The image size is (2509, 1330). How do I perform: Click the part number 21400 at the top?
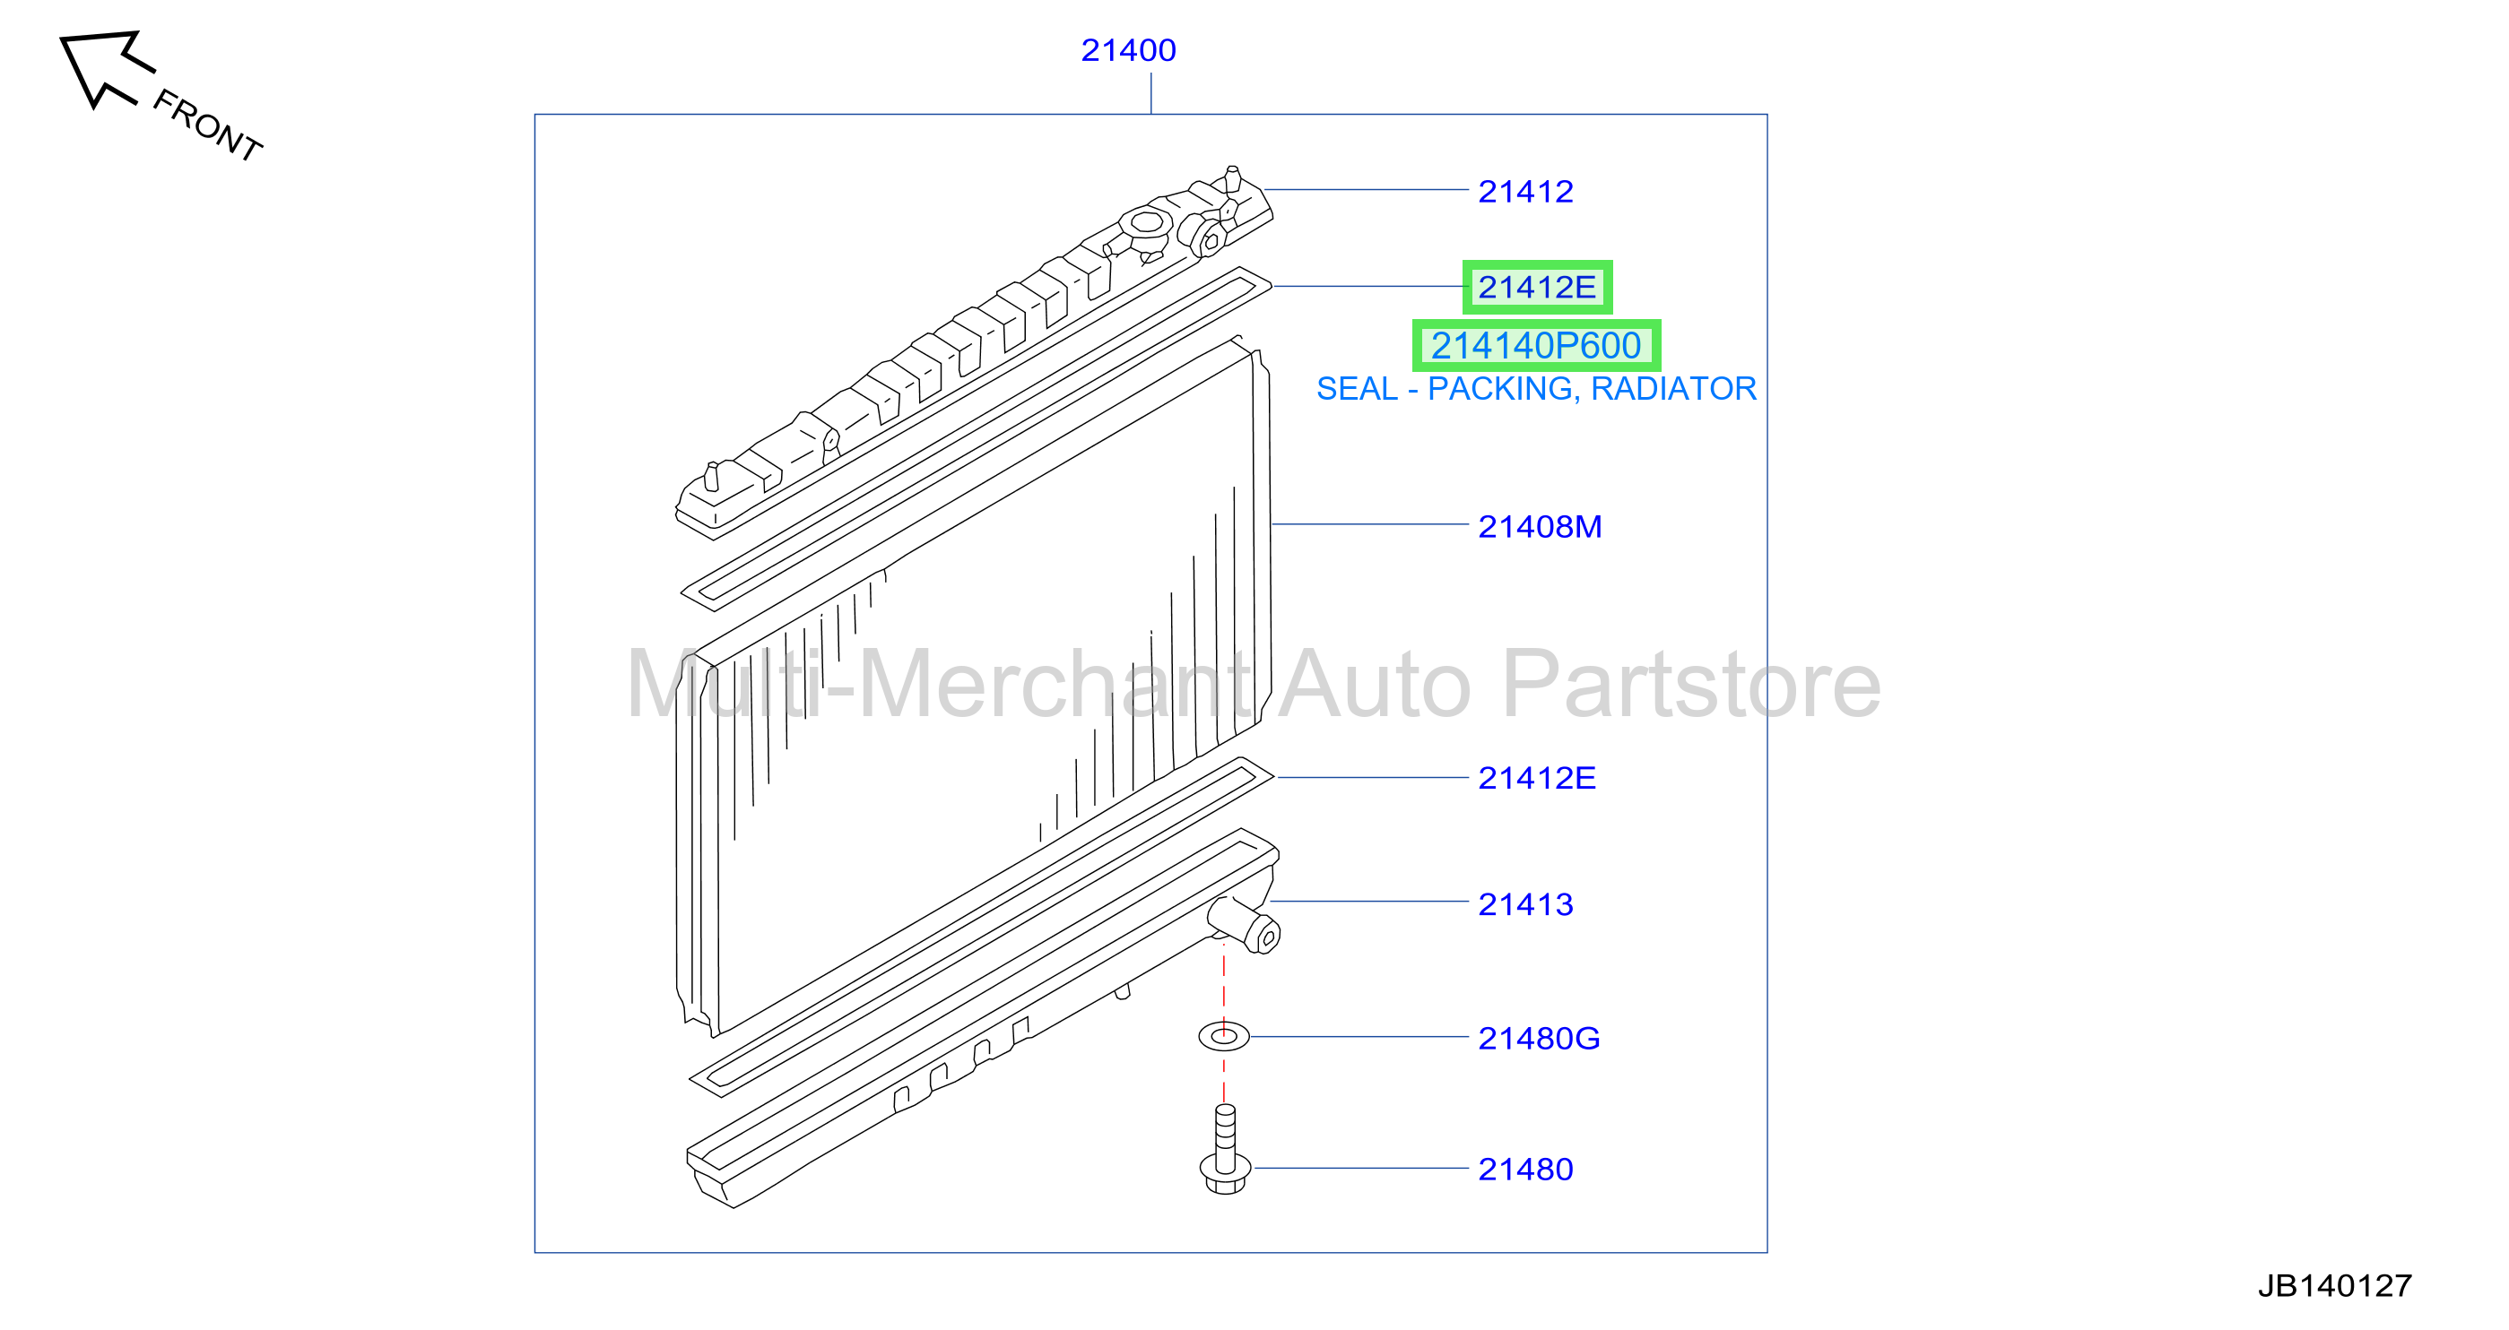coord(1128,49)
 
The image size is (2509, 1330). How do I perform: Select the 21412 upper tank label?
coord(1525,191)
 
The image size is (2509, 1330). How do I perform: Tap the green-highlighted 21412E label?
coord(1537,287)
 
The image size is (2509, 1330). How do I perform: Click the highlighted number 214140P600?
coord(1536,346)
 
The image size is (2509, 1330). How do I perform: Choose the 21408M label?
coord(1540,527)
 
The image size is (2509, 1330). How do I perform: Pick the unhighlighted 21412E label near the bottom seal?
coord(1537,778)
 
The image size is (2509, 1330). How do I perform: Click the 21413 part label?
coord(1525,904)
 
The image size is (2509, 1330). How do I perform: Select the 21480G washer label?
coord(1539,1038)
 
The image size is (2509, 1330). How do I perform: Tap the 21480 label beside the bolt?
coord(1525,1169)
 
